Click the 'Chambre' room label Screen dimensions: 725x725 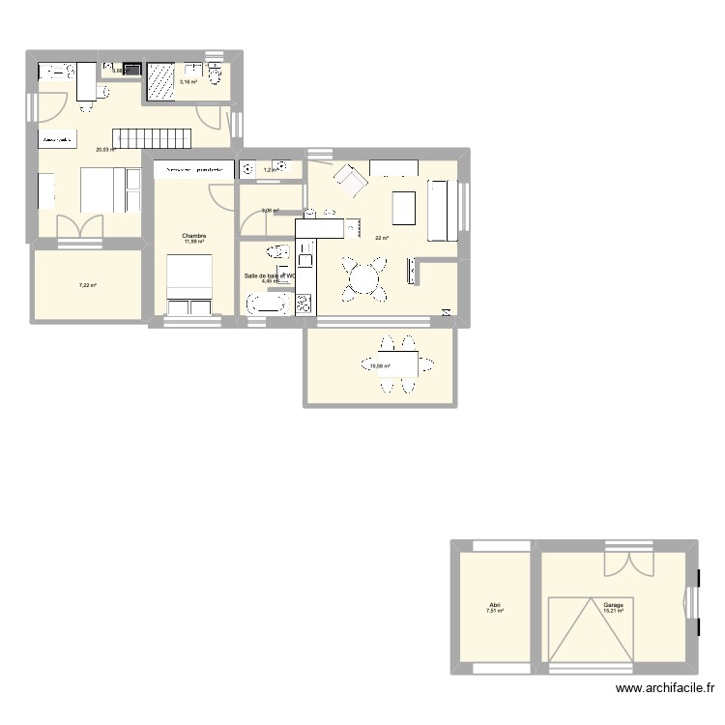195,235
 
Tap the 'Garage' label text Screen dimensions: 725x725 614,604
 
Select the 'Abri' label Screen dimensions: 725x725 495,604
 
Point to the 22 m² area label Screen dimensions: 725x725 382,239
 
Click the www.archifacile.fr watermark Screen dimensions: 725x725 663,689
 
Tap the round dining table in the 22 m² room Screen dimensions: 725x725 365,277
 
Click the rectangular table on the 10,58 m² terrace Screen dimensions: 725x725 401,363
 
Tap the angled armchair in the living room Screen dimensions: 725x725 350,180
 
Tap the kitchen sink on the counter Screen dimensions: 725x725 305,256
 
